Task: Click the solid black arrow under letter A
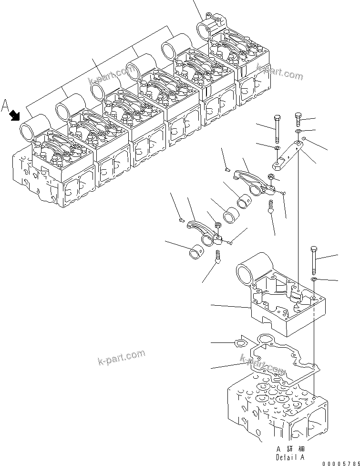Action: point(15,115)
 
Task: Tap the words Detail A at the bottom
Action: point(289,456)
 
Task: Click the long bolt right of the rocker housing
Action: point(313,259)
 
